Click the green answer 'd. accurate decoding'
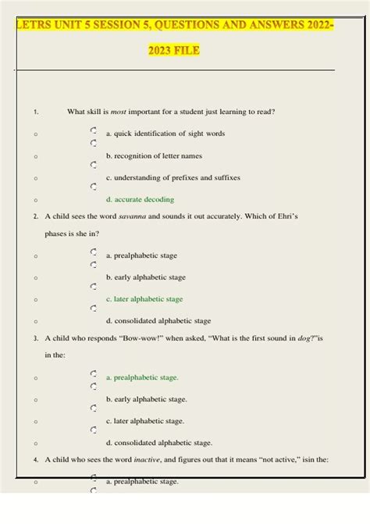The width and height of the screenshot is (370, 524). (140, 200)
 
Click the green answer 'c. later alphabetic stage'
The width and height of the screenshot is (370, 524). (144, 299)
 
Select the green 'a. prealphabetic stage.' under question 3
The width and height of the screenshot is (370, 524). (142, 377)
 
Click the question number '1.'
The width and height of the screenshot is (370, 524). (37, 112)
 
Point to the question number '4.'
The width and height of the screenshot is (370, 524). (37, 460)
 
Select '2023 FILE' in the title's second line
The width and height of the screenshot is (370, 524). (174, 52)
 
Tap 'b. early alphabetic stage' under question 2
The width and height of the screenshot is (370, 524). (146, 277)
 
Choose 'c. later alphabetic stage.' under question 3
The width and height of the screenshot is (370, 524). (145, 421)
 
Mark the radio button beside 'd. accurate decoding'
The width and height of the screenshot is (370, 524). (94, 187)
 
